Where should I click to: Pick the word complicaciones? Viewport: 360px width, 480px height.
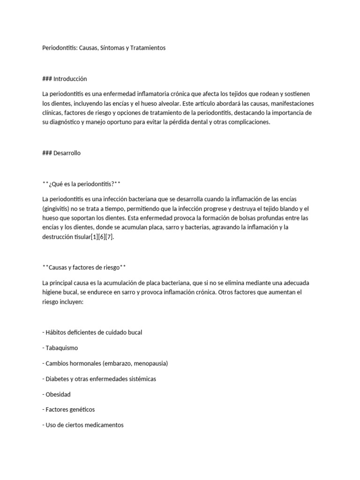[x=247, y=122]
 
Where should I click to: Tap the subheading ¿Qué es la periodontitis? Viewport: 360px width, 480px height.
[x=82, y=183]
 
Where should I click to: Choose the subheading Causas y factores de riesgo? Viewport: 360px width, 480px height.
[x=84, y=267]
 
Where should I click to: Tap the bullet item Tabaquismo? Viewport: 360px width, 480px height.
[x=61, y=348]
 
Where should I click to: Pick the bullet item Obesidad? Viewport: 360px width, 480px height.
[x=58, y=394]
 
